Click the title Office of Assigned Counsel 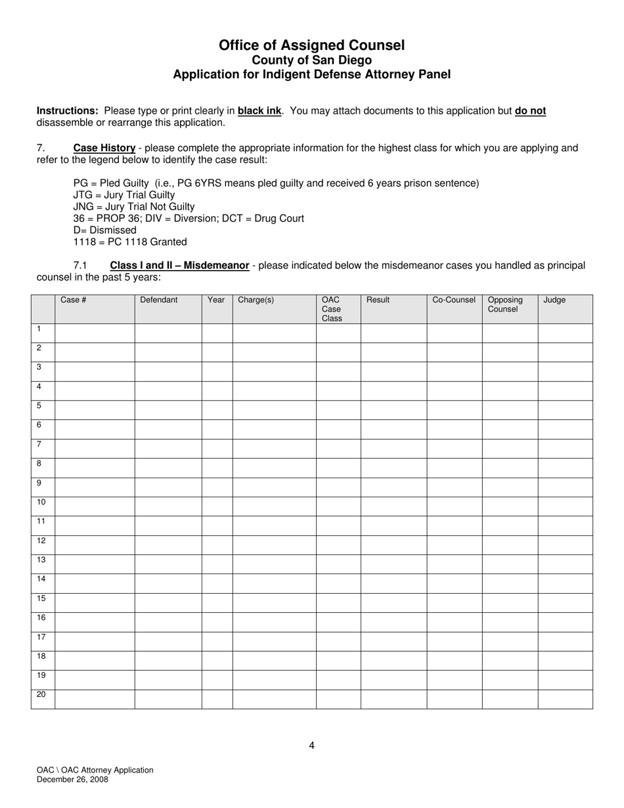pos(311,45)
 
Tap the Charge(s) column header pos(256,300)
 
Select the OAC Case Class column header pos(332,309)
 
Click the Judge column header pos(554,300)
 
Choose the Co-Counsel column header pos(453,300)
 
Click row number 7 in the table pos(39,445)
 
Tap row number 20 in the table pos(41,695)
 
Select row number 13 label pos(41,560)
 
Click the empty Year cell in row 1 pos(217,333)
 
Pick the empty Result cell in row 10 pos(393,506)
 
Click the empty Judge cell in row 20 pos(565,699)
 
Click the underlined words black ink pos(259,111)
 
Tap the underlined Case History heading pos(104,148)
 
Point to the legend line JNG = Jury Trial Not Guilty pos(134,207)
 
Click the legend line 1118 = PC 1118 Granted pos(130,242)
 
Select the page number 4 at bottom pos(311,745)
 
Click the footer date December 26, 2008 pos(73,780)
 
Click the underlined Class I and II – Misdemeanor pos(179,266)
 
